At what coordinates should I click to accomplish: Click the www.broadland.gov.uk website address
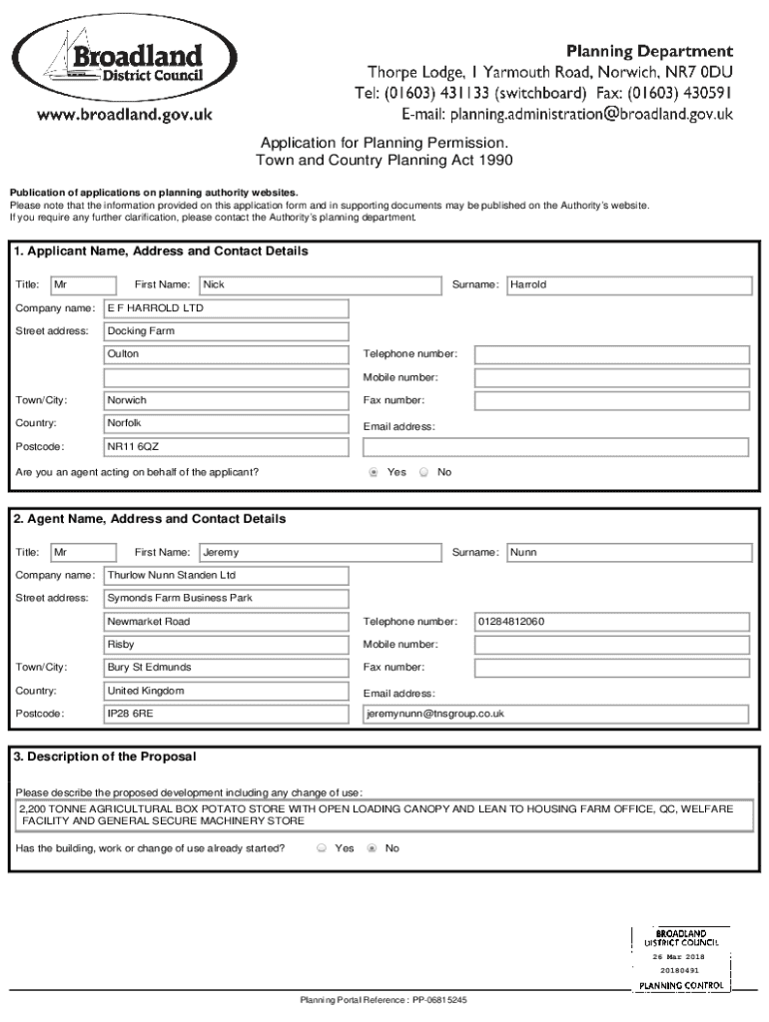[x=126, y=116]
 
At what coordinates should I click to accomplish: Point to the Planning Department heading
[x=650, y=50]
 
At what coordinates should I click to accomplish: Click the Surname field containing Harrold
[x=628, y=285]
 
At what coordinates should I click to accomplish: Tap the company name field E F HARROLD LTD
[x=227, y=308]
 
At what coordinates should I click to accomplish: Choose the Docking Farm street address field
[x=227, y=331]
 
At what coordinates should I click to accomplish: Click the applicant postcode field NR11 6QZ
[x=227, y=447]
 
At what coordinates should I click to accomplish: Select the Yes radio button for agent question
[x=374, y=472]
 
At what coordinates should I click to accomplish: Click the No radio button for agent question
[x=423, y=472]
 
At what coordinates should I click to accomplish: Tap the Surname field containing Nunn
[x=628, y=553]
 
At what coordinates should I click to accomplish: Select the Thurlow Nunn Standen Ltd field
[x=227, y=576]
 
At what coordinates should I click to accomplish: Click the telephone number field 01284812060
[x=611, y=622]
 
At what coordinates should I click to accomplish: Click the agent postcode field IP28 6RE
[x=227, y=715]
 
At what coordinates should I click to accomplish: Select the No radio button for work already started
[x=373, y=848]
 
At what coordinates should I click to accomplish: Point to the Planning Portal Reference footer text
[x=384, y=999]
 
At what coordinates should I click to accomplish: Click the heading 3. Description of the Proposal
[x=105, y=757]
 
